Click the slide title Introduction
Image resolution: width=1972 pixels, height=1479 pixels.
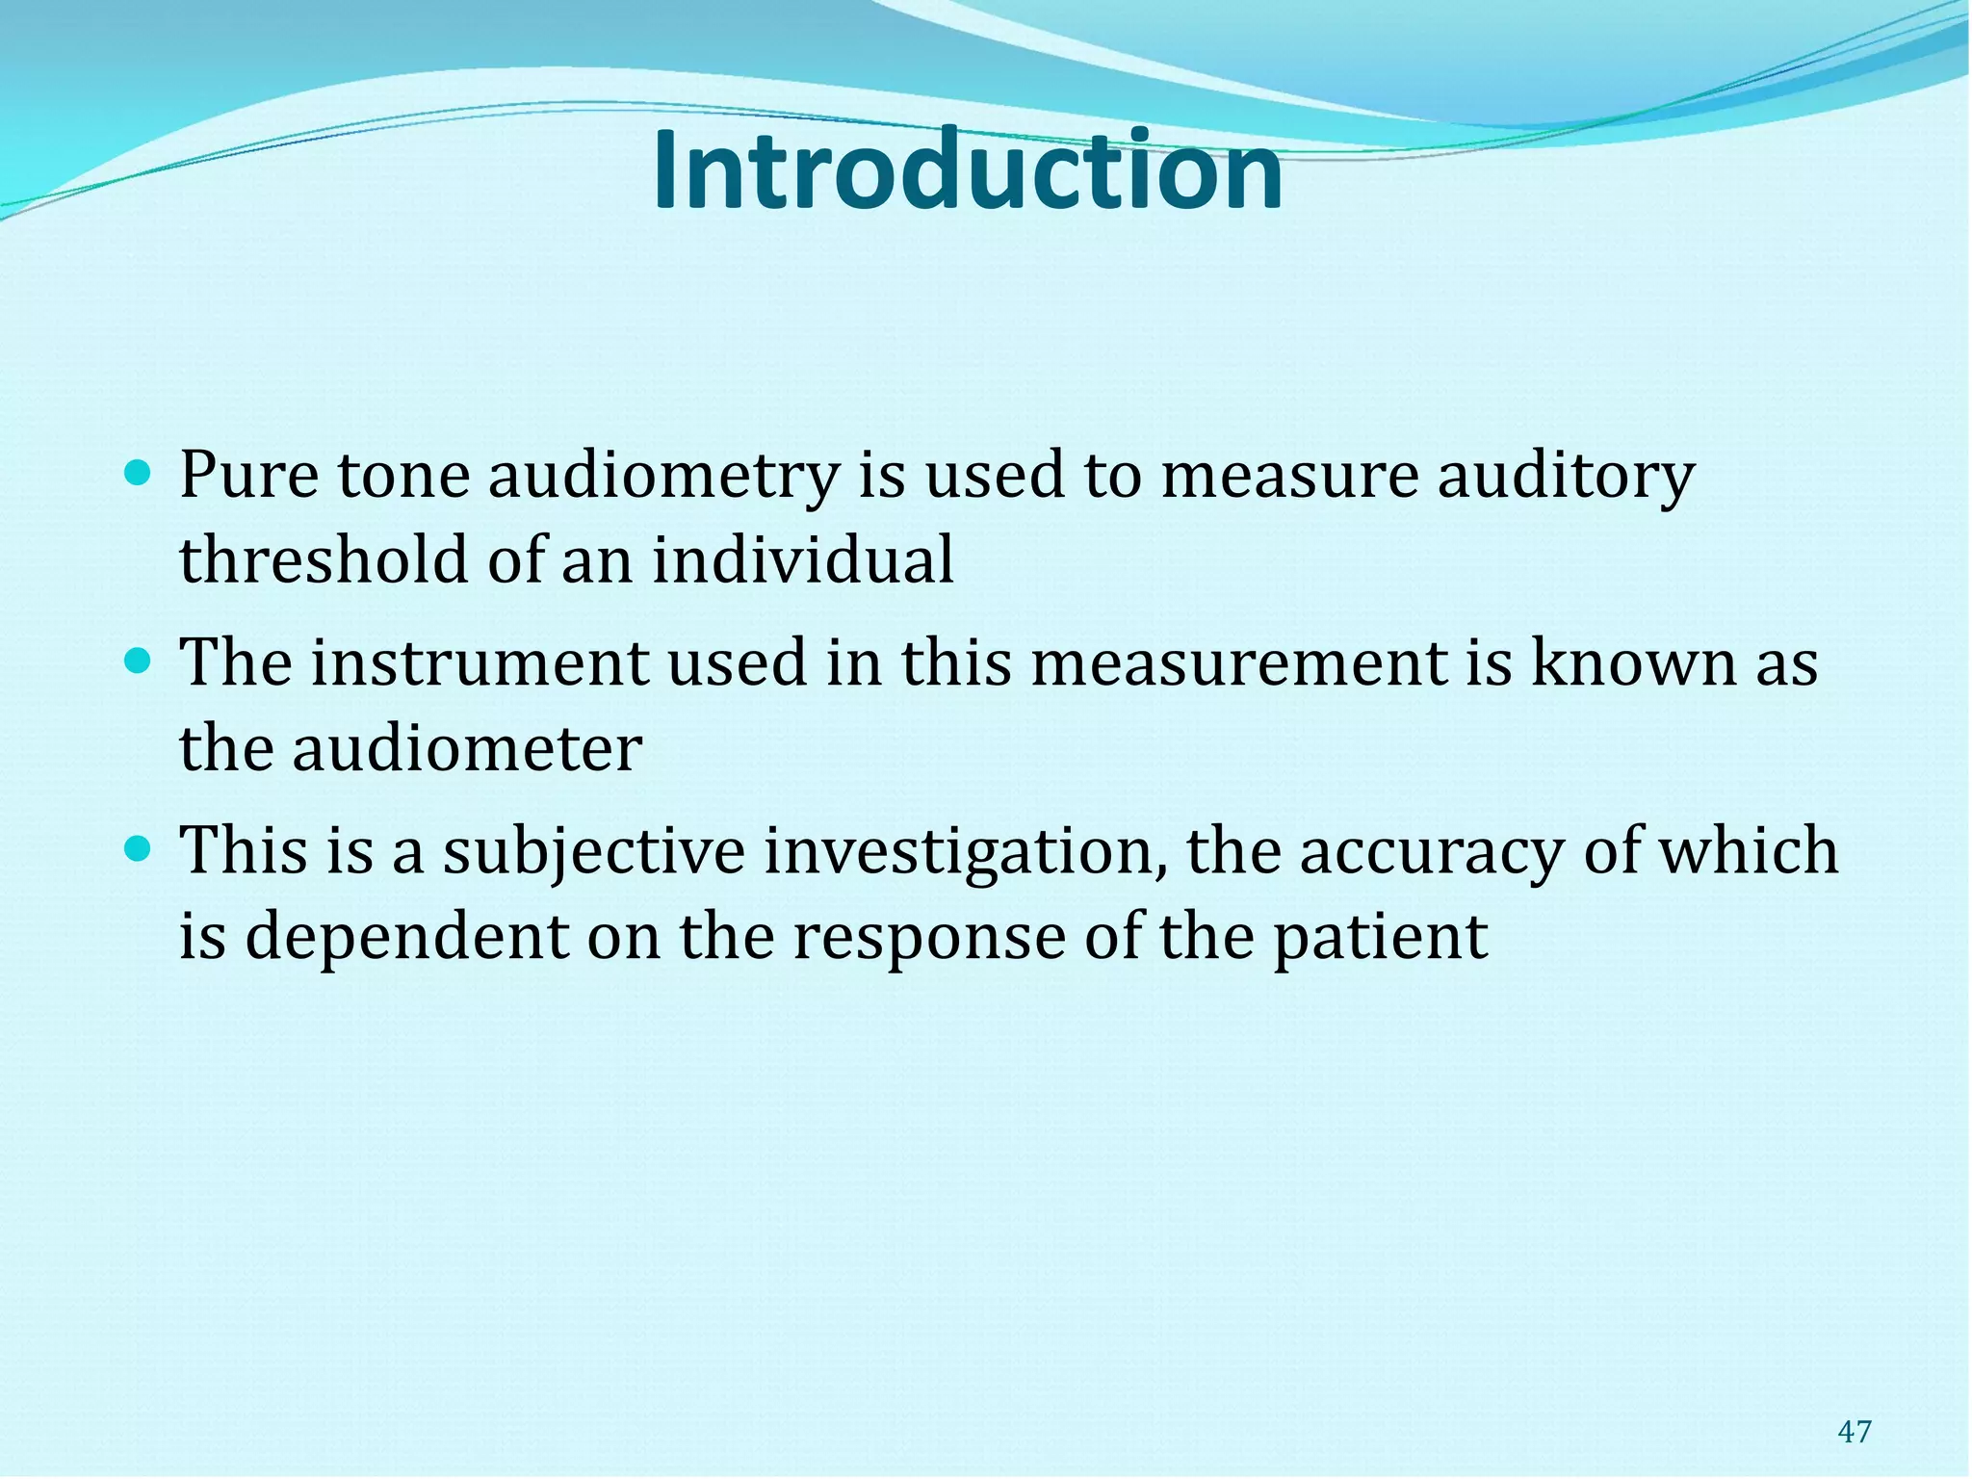(968, 171)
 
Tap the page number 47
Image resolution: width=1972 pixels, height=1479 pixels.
(1854, 1432)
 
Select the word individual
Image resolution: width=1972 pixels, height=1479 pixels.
(803, 559)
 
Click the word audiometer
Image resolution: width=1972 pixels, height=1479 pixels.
(467, 748)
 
